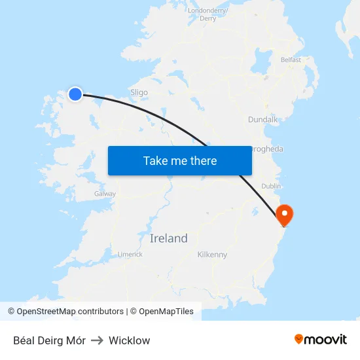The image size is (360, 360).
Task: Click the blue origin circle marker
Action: click(75, 94)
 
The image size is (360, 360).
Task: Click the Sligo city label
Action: click(139, 93)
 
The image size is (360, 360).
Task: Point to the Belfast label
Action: click(291, 60)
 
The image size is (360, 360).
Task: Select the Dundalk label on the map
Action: click(263, 120)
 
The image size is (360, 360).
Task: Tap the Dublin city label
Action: click(271, 187)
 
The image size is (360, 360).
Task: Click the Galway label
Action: click(105, 194)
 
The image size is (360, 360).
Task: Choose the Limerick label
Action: click(130, 254)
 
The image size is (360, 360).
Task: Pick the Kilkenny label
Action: click(212, 255)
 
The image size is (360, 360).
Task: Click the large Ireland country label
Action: click(168, 238)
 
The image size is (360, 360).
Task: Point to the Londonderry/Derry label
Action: click(207, 14)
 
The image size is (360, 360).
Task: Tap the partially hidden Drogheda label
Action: click(268, 149)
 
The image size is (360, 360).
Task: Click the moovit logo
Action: click(321, 339)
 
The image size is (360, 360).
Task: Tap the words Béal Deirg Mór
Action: click(48, 340)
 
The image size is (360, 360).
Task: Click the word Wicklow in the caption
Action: click(129, 340)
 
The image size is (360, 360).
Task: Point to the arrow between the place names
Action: click(97, 340)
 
